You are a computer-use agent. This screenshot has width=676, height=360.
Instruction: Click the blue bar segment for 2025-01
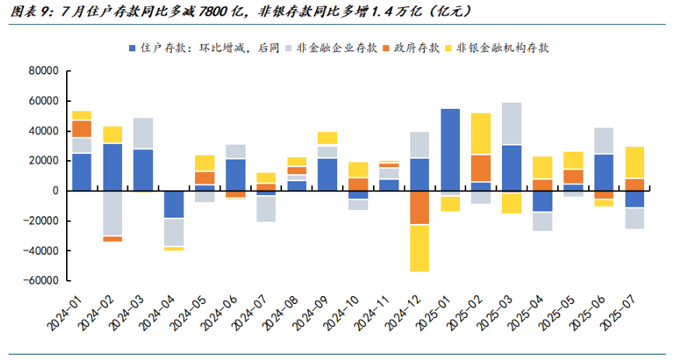[450, 150]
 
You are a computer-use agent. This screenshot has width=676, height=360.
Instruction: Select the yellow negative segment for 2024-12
[420, 248]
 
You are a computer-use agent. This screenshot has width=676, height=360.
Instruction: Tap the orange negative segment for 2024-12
[420, 208]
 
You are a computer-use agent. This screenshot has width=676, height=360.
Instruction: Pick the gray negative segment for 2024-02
[113, 213]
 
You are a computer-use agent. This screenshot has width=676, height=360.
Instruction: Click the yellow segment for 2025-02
[481, 134]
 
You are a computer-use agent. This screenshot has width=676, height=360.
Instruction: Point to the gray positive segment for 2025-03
[511, 123]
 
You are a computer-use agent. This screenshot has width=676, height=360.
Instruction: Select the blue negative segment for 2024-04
[174, 204]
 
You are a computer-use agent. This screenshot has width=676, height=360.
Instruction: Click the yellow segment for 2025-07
[634, 163]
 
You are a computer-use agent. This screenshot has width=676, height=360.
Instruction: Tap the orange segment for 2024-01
[82, 128]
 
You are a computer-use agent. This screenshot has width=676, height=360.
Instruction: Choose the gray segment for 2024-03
[143, 134]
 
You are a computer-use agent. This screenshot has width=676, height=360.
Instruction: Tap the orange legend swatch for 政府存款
[386, 48]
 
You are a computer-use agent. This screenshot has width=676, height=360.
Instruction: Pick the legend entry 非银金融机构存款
[497, 47]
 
